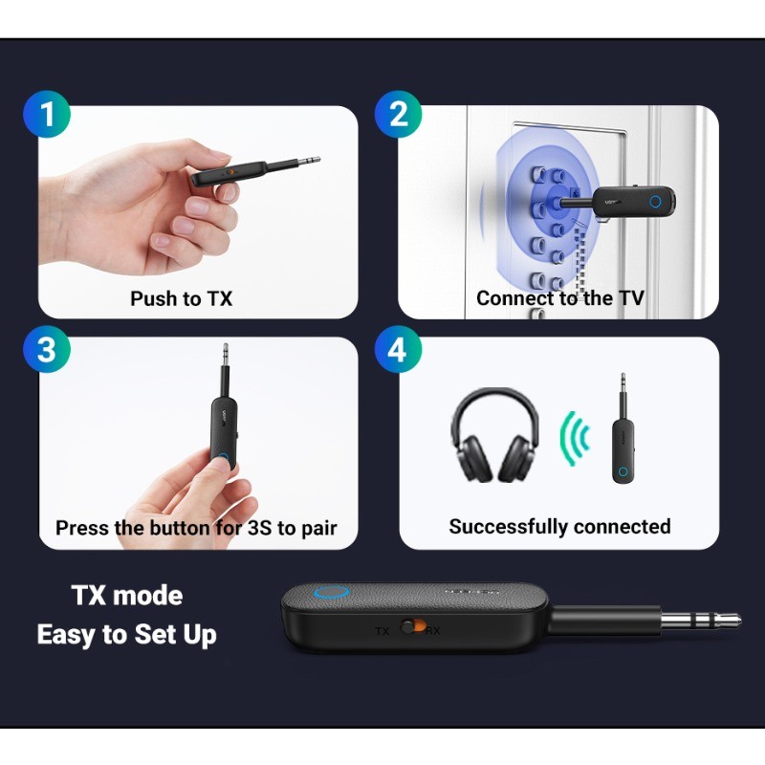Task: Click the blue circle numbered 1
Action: coord(46,116)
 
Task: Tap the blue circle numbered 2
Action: coord(399,116)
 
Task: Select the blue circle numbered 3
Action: coord(46,350)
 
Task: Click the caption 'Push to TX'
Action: coord(181,298)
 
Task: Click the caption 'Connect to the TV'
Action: coord(559,298)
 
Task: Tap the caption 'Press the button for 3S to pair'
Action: coord(196,528)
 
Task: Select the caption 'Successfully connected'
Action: coord(559,527)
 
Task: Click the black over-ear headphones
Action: coord(494,435)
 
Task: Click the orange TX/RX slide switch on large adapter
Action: coord(413,627)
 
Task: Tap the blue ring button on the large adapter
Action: coord(332,594)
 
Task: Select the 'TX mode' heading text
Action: coord(127,596)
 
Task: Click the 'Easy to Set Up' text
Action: coord(126,634)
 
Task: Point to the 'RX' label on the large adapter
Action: coord(433,631)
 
